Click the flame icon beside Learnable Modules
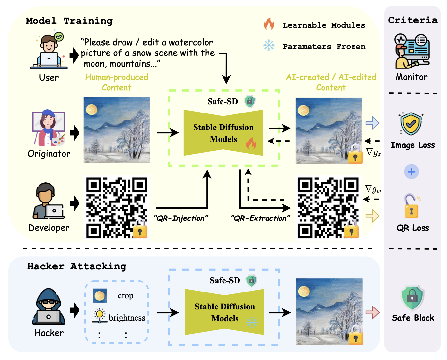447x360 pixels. point(269,24)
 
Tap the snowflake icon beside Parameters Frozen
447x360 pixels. point(269,45)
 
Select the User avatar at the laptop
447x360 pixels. point(49,52)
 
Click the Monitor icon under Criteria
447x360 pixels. point(412,51)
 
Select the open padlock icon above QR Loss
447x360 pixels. point(411,206)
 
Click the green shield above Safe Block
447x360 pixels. point(412,298)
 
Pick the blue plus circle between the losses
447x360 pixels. point(411,172)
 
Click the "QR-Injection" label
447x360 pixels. point(181,218)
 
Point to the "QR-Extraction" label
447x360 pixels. point(260,218)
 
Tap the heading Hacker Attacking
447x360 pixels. point(77,266)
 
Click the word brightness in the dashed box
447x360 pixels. point(127,318)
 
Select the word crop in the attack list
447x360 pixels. point(125,296)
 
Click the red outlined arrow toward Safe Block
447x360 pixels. point(372,312)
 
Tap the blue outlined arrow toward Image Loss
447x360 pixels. point(372,123)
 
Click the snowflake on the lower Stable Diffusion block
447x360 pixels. point(252,322)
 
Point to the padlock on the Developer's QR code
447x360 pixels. point(140,229)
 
